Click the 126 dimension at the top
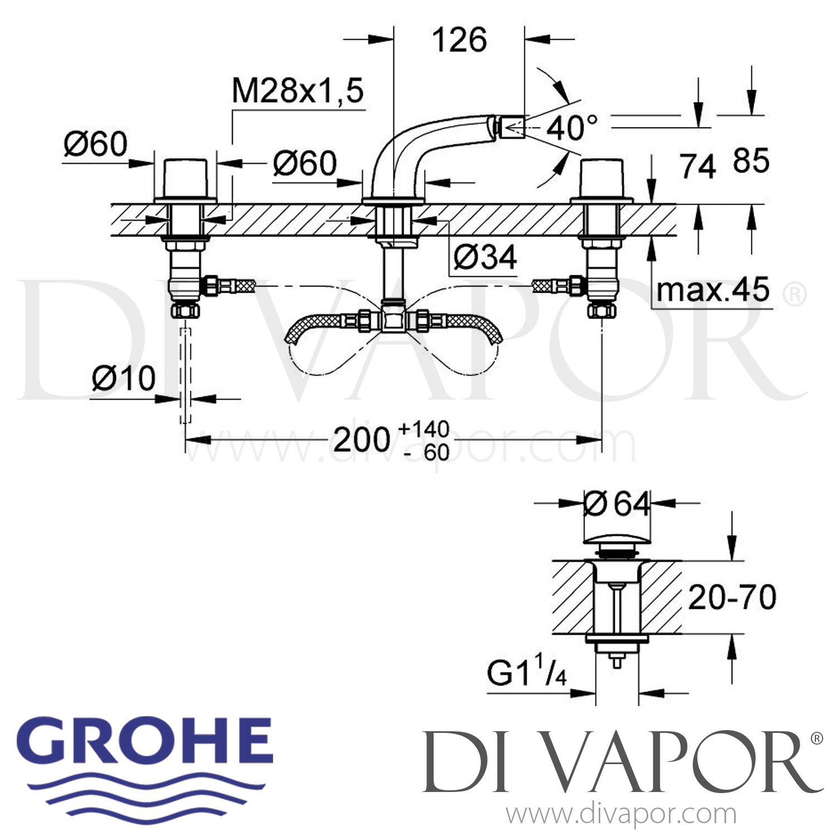(x=460, y=40)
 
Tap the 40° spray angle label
(x=571, y=128)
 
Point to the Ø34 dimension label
(x=485, y=257)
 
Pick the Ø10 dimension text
(x=123, y=378)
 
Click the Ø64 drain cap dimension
(x=617, y=504)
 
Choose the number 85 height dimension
(x=751, y=161)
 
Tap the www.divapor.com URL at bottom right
(x=621, y=814)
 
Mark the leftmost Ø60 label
(x=95, y=145)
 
